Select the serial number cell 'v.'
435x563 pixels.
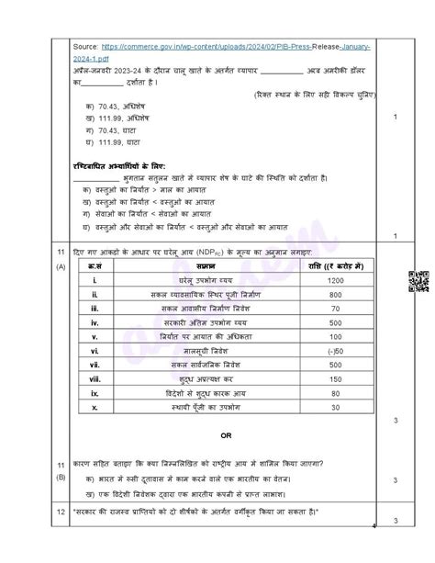(95, 336)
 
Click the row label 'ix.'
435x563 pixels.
(95, 393)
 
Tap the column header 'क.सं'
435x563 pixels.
(95, 265)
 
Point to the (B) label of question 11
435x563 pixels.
(61, 477)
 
